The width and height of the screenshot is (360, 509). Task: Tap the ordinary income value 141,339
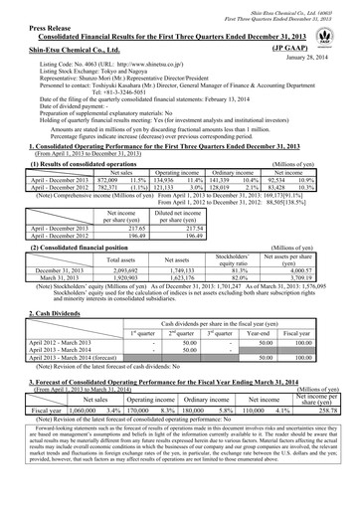[218, 178]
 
